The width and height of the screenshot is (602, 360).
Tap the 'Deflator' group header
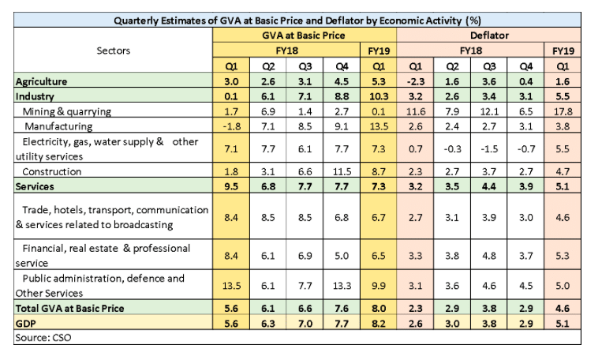coord(490,36)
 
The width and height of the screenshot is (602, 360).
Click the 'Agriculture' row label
coord(47,81)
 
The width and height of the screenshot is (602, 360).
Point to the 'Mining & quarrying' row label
coord(68,111)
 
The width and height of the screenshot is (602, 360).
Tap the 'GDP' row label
coord(26,322)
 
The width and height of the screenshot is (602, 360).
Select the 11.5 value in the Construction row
coord(340,171)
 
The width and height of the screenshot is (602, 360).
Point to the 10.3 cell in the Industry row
coord(377,96)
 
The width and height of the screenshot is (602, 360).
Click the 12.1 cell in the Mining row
coord(490,111)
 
